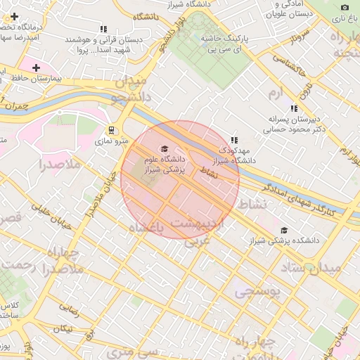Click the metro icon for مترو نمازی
110,130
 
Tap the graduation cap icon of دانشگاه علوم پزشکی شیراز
165,148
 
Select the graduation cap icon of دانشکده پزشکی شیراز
284,230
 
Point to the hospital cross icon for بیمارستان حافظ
36,67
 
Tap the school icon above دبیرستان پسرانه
294,108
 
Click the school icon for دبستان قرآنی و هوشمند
103,30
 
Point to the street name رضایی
68,307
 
